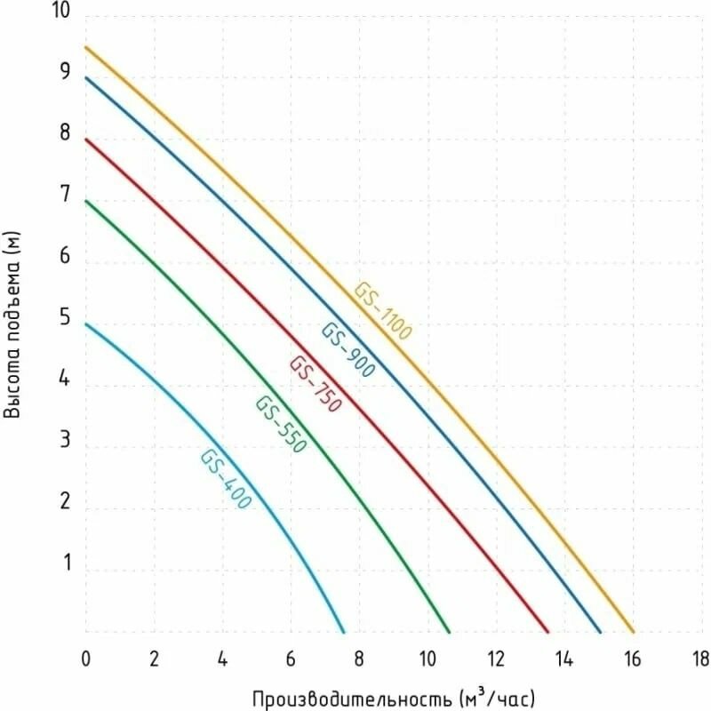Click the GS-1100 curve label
[x=383, y=312]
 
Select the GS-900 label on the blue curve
[x=348, y=350]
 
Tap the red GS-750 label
[x=315, y=383]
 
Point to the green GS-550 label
[x=281, y=425]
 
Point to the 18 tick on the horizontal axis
[x=700, y=659]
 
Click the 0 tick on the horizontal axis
[x=86, y=659]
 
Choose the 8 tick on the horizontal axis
[x=359, y=659]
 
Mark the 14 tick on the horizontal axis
[x=563, y=659]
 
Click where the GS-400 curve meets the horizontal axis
[x=344, y=632]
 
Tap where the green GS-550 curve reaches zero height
[x=450, y=632]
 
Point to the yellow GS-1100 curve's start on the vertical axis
[x=86, y=46]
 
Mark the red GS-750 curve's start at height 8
[x=86, y=139]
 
